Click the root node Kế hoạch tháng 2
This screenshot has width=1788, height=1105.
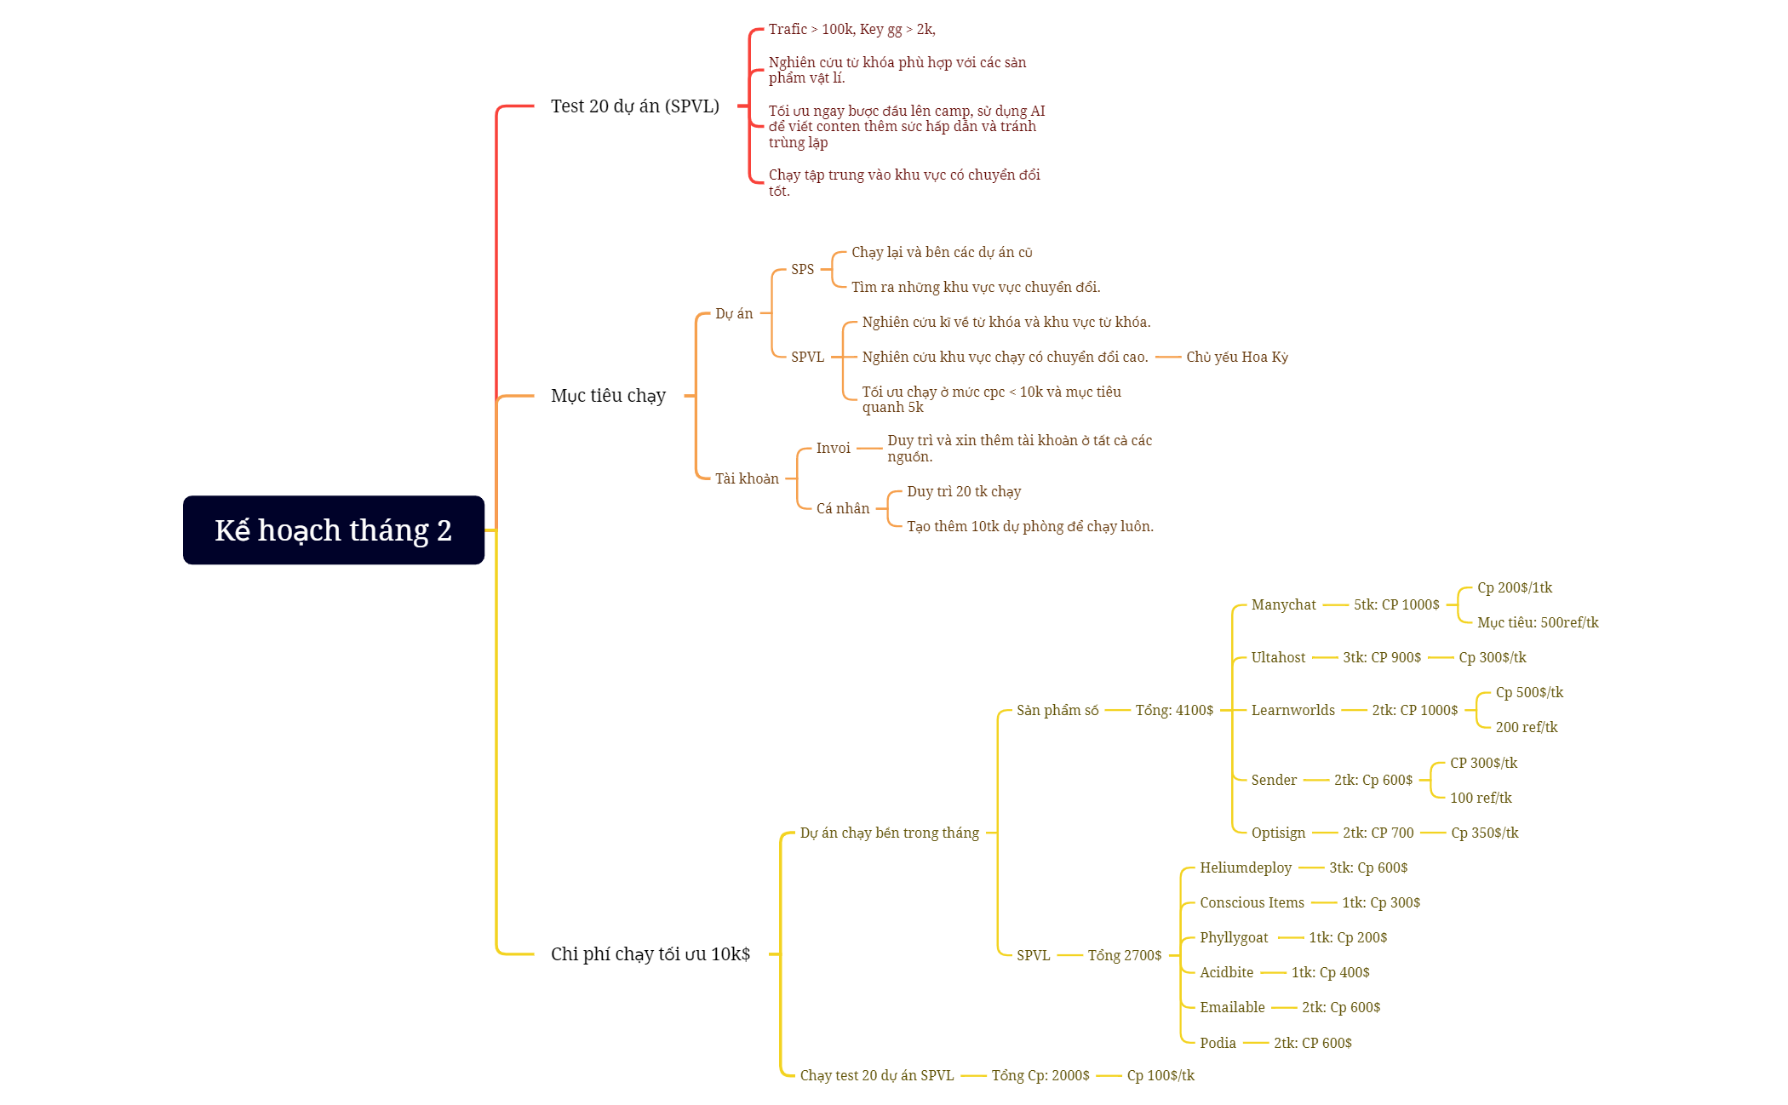tap(334, 530)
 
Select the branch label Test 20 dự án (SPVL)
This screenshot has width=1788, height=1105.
tap(635, 106)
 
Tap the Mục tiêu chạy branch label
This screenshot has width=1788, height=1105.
tap(608, 396)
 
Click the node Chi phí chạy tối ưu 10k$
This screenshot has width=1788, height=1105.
tap(650, 954)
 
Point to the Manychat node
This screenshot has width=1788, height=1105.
tap(1283, 604)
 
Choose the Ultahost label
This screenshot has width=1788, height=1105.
tap(1278, 657)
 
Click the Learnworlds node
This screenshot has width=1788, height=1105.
tap(1292, 710)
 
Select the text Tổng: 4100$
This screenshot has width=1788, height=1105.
tap(1174, 710)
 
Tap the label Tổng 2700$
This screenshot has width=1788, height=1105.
tap(1124, 955)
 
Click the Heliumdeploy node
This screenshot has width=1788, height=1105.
tap(1246, 867)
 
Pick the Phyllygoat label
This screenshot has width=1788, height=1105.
tap(1234, 937)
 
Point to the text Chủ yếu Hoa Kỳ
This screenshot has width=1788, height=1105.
tap(1237, 357)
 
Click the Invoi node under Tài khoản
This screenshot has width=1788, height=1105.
tap(833, 448)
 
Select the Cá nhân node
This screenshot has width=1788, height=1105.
tap(843, 508)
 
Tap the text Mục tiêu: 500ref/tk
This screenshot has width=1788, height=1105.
tap(1538, 622)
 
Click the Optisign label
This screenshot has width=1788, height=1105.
tap(1278, 833)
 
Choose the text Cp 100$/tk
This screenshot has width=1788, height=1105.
tap(1160, 1075)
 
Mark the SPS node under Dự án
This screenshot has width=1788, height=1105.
tap(802, 269)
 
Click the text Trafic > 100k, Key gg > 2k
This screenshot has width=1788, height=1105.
tap(851, 29)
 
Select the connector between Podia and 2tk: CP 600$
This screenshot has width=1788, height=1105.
tap(1256, 1043)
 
